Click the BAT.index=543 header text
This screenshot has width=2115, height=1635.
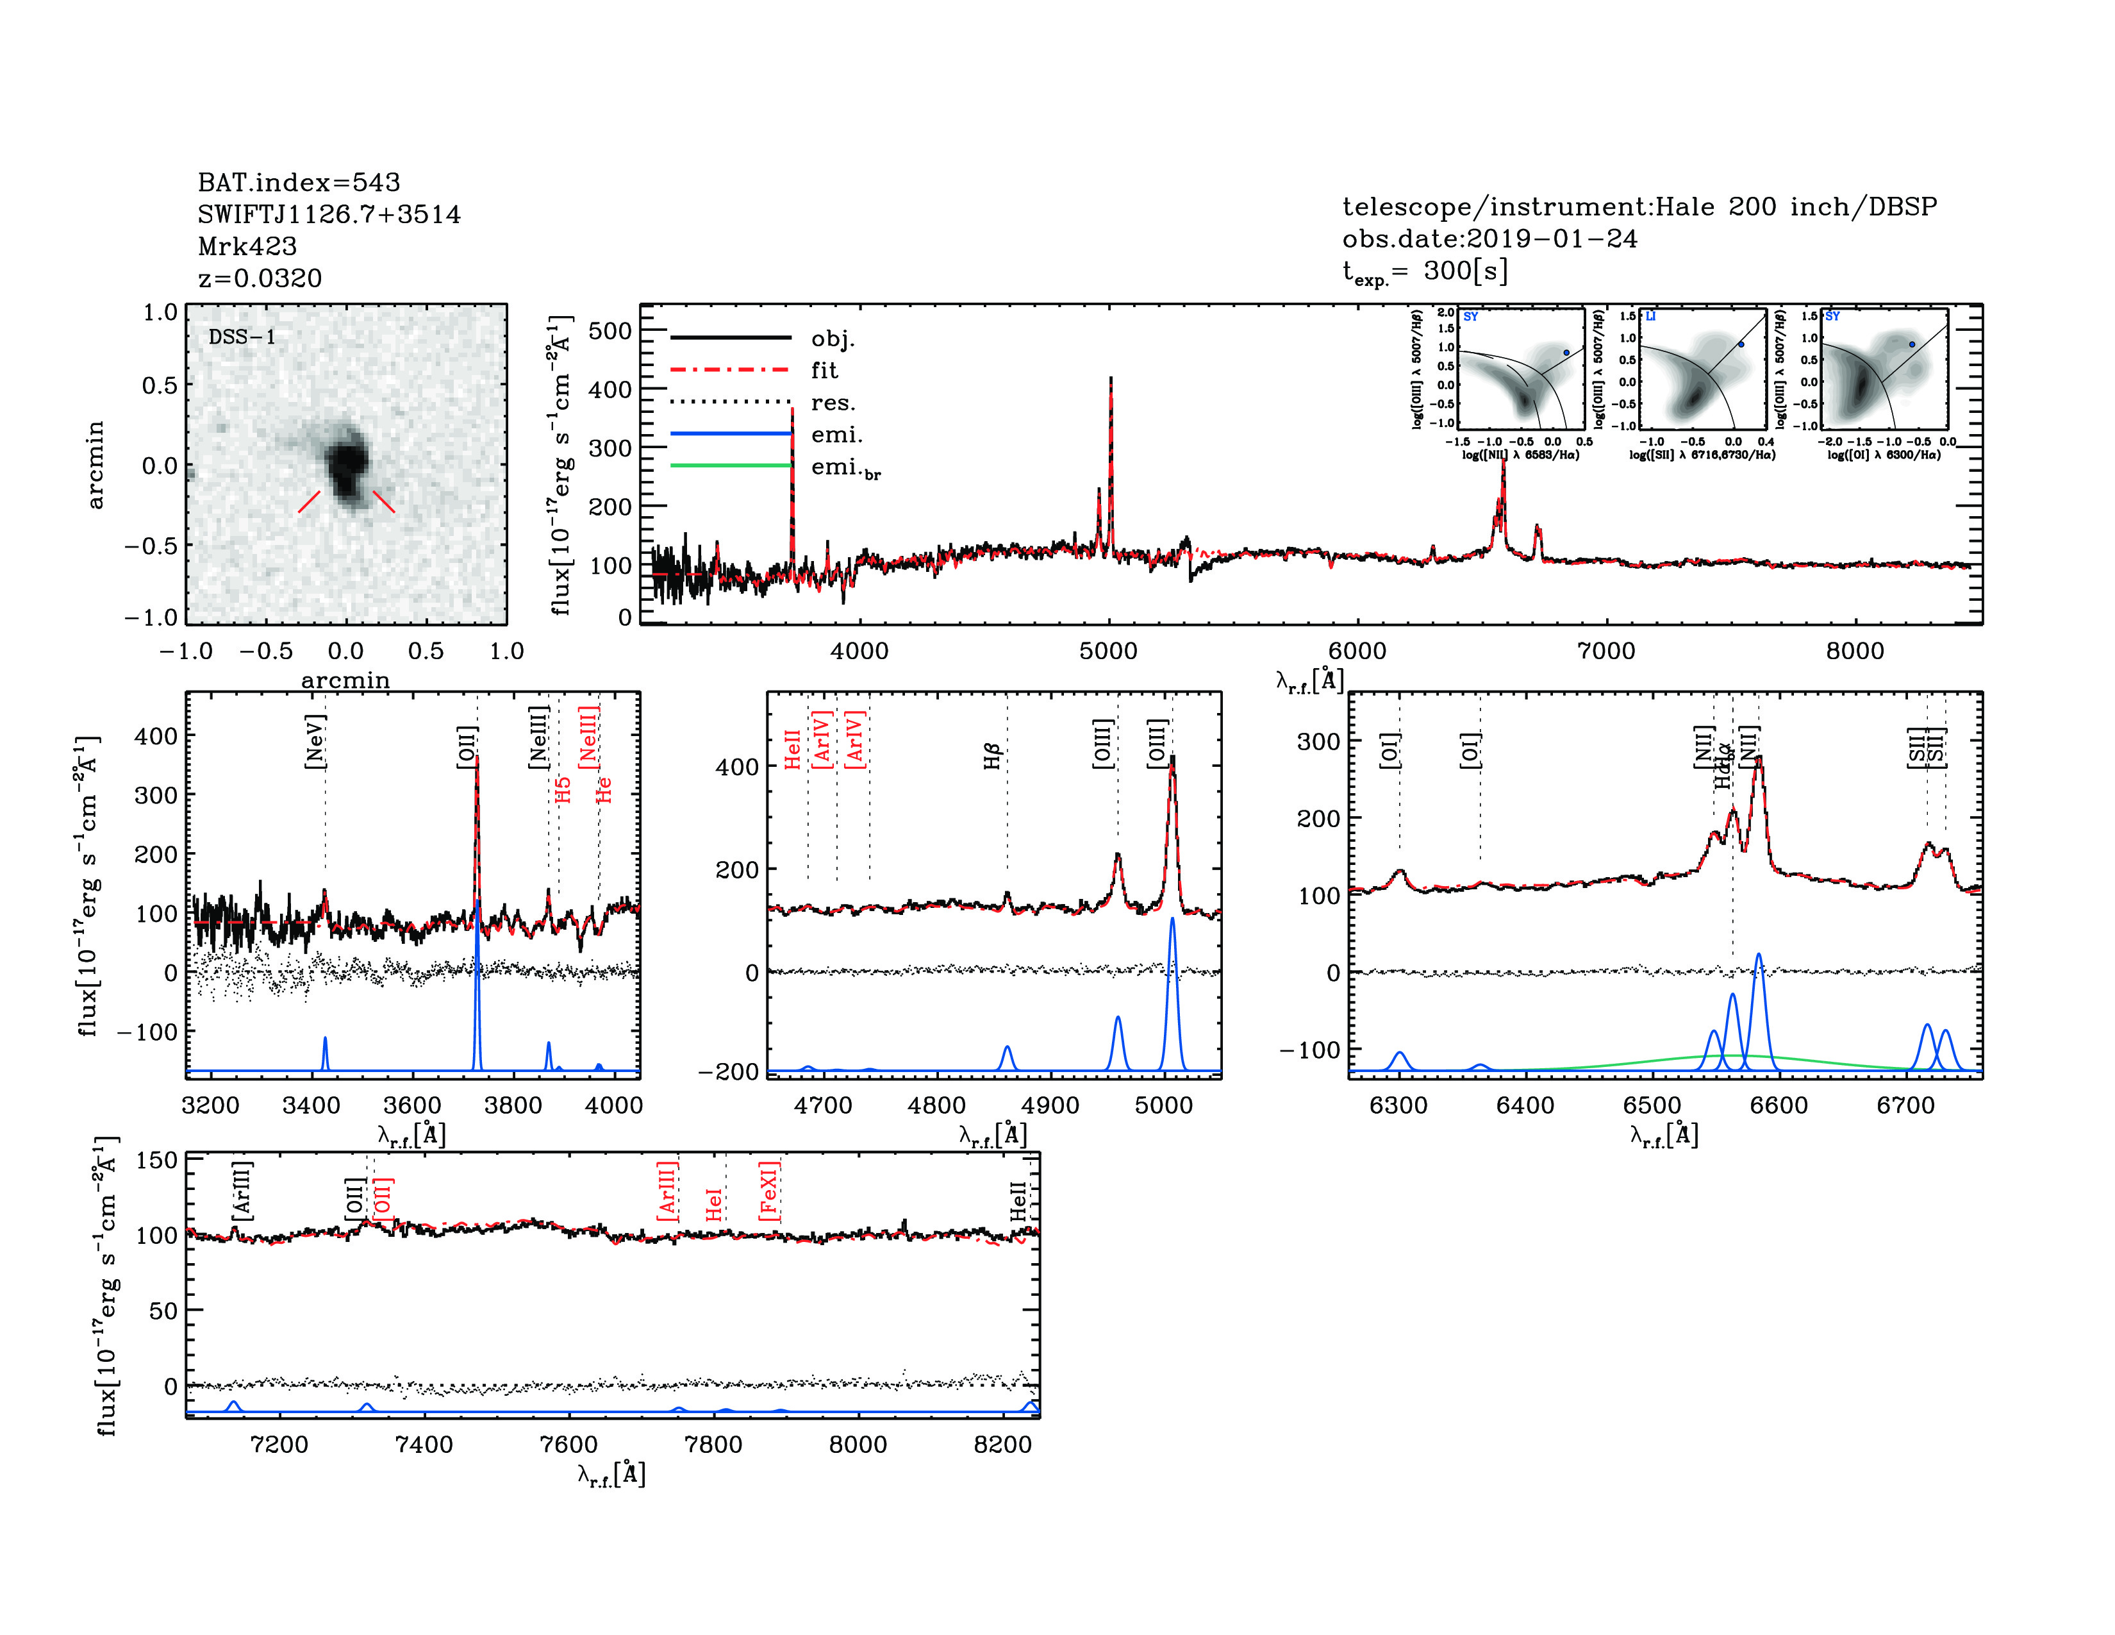[298, 182]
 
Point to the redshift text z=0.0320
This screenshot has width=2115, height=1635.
[260, 278]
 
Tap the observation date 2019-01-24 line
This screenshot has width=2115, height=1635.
[1489, 239]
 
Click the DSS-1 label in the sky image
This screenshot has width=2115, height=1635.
[242, 337]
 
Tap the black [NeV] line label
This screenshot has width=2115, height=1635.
[315, 741]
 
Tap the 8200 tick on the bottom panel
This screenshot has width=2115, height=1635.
[1002, 1444]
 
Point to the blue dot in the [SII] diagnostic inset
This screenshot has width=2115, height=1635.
[1740, 344]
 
